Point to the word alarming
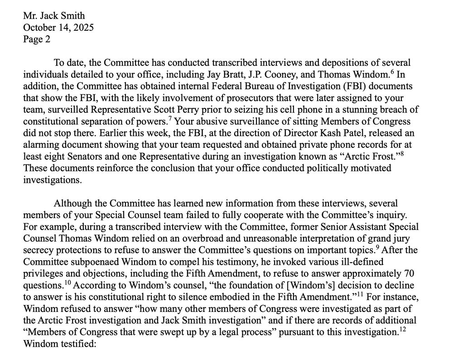point(41,145)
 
